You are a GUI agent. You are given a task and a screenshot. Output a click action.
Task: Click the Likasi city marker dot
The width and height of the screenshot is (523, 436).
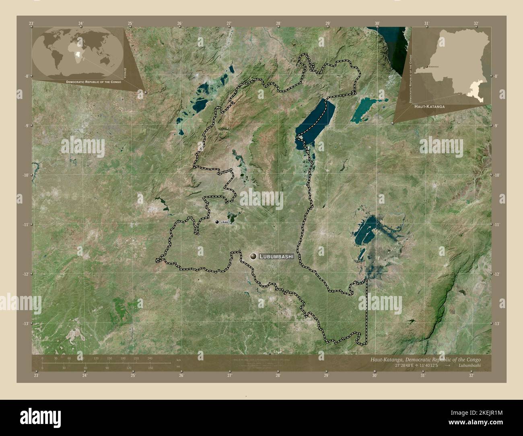(217, 222)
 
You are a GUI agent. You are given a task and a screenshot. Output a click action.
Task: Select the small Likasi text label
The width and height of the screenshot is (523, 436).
(224, 222)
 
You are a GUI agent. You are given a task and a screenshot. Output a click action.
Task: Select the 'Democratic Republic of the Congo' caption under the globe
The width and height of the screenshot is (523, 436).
(93, 82)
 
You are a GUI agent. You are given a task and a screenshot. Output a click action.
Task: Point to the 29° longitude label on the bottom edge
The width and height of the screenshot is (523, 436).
(326, 376)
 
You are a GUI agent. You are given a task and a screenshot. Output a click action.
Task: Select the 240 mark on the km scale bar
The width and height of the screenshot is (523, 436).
(150, 358)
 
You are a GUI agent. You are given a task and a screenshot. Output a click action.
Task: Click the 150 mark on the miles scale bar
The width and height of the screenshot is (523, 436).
(150, 368)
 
